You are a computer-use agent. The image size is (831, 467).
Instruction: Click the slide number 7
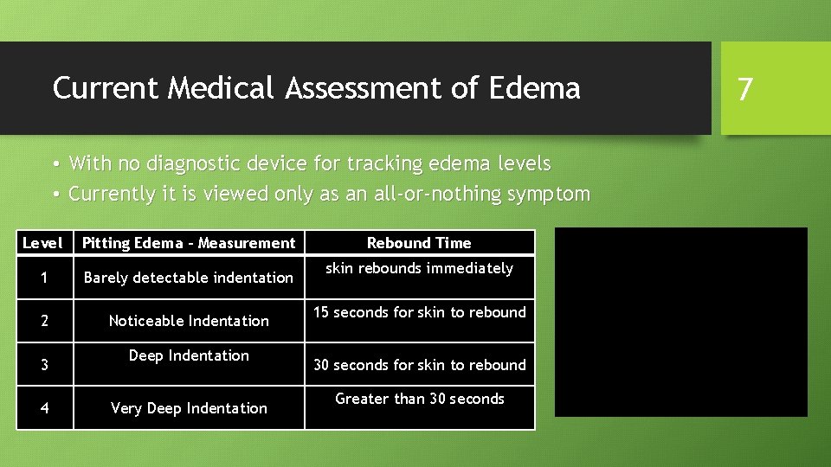coord(744,88)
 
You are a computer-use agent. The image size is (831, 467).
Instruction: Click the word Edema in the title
coord(536,87)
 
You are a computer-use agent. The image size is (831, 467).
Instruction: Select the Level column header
coord(42,243)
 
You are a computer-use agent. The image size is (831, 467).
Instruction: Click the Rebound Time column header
coord(419,243)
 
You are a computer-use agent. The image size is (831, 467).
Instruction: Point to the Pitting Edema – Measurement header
coord(189,243)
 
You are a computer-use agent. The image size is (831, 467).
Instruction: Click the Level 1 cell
coord(44,278)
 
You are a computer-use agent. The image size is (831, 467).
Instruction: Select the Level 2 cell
coord(44,321)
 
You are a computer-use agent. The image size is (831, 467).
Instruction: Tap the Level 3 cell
coord(44,365)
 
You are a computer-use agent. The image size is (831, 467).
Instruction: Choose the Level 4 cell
coord(44,408)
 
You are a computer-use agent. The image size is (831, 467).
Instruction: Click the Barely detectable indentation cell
coord(189,278)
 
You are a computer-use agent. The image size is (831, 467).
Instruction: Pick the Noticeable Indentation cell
coord(189,321)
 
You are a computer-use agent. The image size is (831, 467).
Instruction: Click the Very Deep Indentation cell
coord(189,408)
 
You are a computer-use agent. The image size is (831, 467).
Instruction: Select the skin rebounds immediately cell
coord(419,268)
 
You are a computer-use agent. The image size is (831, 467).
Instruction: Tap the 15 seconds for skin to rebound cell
coord(419,312)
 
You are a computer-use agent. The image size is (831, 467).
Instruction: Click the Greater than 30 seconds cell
coord(419,399)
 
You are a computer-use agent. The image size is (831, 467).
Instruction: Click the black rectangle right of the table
coord(680,322)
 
